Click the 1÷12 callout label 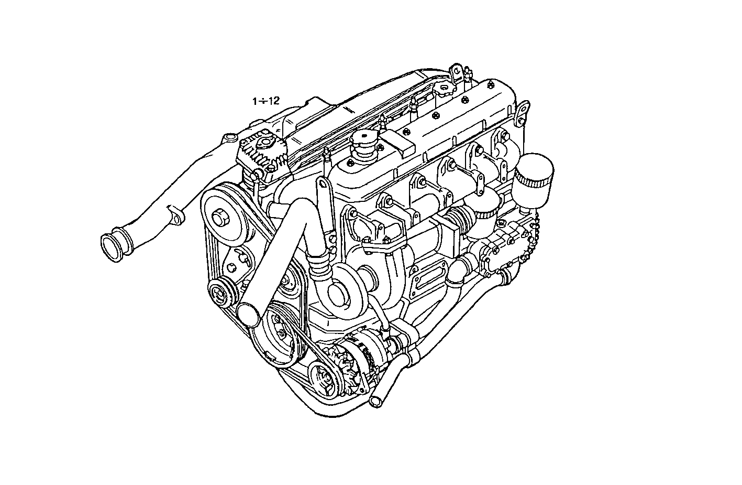(x=266, y=101)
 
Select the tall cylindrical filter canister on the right (x=533, y=177)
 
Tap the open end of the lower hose (x=375, y=402)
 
